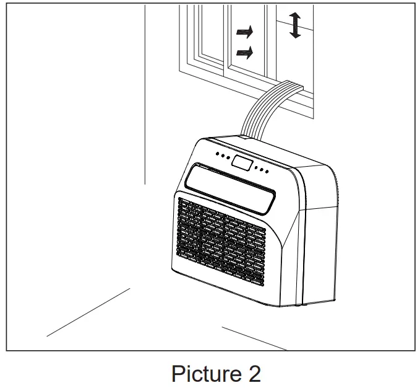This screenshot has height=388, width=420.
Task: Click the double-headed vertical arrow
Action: click(x=296, y=25)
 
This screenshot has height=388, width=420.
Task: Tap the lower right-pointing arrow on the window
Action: click(x=245, y=53)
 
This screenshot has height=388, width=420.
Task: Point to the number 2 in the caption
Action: click(x=254, y=374)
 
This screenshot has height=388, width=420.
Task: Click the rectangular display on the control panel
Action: click(x=241, y=164)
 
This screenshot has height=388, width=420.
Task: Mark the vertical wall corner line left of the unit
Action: click(x=145, y=93)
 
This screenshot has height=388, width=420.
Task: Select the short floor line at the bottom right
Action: click(x=254, y=337)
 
